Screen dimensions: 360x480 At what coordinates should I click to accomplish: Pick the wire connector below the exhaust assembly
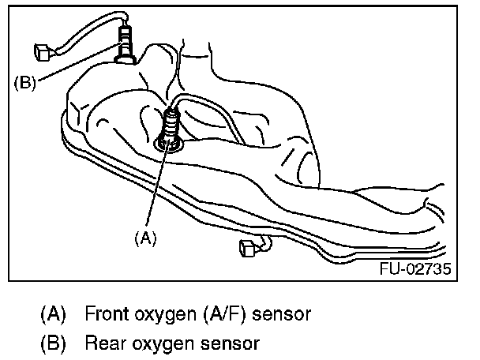pos(246,250)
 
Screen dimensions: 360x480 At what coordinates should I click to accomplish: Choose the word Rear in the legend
pos(104,343)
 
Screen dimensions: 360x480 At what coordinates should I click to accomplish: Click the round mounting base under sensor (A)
pos(170,142)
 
